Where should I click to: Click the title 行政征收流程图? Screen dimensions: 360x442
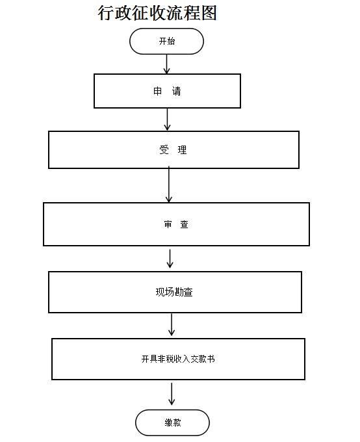point(157,13)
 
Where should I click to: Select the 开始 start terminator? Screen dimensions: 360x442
point(166,41)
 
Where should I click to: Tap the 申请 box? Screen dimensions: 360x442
point(167,91)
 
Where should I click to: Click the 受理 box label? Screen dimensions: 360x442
point(173,149)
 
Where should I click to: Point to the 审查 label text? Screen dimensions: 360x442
point(176,224)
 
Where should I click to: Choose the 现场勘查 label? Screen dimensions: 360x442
point(174,292)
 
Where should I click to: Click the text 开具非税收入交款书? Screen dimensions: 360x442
point(178,359)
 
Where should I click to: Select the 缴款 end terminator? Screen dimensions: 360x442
point(173,422)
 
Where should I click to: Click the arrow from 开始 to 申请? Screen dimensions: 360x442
point(166,64)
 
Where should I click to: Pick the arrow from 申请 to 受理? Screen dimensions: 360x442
point(167,120)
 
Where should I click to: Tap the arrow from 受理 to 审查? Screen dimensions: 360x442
point(169,185)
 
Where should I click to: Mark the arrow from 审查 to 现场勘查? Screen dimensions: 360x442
point(170,259)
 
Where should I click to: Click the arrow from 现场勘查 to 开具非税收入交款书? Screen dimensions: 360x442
point(172,324)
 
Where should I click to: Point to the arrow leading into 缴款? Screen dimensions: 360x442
point(172,394)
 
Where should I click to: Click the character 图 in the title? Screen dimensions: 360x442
point(209,13)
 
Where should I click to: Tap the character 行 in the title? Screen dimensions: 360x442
point(106,13)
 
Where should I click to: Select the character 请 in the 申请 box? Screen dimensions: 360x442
point(177,91)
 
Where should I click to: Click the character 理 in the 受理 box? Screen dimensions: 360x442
point(183,149)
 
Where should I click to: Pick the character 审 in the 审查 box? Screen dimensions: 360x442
point(168,224)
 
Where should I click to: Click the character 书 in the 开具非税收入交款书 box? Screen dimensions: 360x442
point(211,359)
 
